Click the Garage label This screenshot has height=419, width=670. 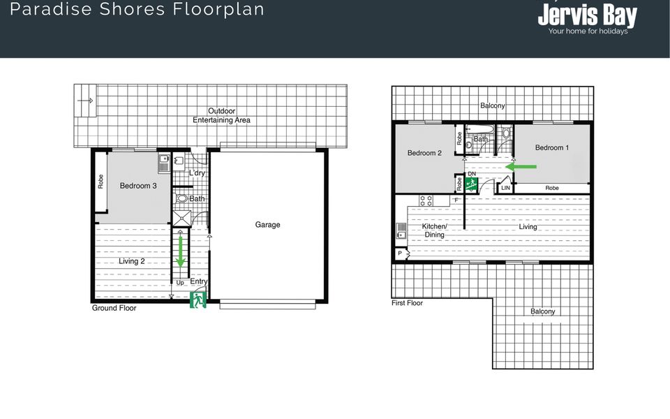click(267, 224)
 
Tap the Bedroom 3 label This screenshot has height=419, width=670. click(138, 186)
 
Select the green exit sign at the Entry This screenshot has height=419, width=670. click(198, 300)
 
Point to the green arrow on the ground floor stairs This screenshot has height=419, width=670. click(180, 251)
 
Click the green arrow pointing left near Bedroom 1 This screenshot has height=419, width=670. click(521, 166)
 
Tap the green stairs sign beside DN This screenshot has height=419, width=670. click(471, 184)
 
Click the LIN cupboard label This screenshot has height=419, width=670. click(505, 188)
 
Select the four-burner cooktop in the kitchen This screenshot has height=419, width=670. click(426, 200)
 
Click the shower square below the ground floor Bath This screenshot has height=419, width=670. click(181, 218)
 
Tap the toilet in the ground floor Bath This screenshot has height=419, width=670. click(181, 198)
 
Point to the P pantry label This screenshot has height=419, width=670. click(400, 253)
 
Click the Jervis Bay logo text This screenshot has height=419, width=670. click(588, 15)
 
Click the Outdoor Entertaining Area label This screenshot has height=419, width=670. click(221, 115)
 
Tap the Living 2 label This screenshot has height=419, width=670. click(132, 261)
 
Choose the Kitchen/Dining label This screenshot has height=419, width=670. click(435, 230)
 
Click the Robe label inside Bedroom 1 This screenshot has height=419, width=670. click(552, 188)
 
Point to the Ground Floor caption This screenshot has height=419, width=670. click(114, 308)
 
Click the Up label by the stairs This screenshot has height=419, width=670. click(180, 283)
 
